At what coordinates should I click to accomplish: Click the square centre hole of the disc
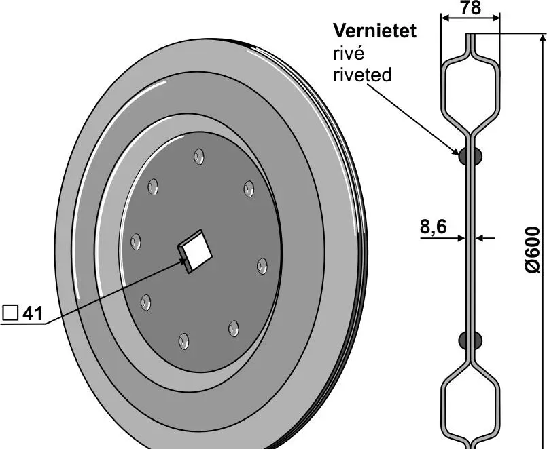click(196, 249)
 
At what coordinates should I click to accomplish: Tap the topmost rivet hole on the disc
click(198, 156)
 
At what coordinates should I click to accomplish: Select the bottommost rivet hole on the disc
click(183, 340)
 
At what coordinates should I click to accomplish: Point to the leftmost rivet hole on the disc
click(136, 241)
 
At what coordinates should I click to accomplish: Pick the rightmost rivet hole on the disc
click(262, 265)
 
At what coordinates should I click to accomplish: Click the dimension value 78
click(470, 9)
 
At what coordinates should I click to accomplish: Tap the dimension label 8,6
click(433, 227)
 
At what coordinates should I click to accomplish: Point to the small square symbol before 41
click(10, 313)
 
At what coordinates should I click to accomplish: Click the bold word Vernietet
click(374, 31)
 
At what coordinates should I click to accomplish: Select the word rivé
click(349, 53)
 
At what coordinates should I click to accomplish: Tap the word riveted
click(362, 74)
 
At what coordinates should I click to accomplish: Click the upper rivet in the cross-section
click(470, 157)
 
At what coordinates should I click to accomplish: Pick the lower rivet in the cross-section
click(470, 340)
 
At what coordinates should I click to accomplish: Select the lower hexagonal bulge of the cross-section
click(470, 406)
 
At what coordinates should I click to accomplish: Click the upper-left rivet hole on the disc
click(153, 185)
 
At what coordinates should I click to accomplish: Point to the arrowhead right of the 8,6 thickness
click(480, 237)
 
